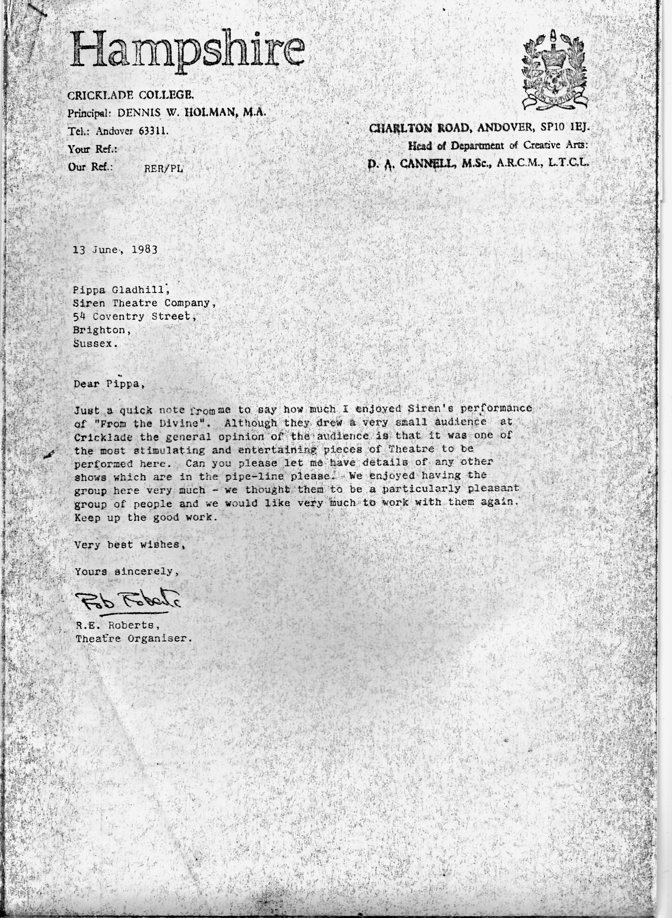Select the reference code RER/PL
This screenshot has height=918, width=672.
[164, 168]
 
